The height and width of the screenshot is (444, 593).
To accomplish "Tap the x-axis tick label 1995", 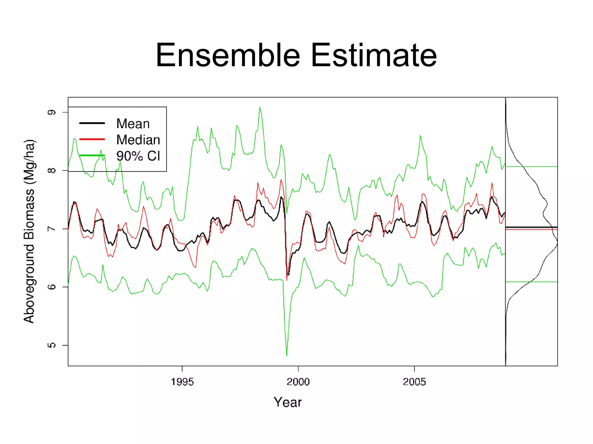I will pos(182,382).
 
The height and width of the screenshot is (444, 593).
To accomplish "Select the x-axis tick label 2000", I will pos(298,382).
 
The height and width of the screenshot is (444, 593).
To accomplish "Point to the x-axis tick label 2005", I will pos(414,382).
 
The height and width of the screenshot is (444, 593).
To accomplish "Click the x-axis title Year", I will pos(288,402).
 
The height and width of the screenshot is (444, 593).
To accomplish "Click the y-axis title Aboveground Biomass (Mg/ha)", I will pos(29,231).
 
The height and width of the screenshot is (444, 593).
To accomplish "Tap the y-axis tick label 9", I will pos(52,112).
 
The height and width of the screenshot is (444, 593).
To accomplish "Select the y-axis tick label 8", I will pos(52,170).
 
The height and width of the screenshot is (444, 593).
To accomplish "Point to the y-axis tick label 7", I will pos(52,229).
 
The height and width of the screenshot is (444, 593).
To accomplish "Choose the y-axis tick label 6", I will pos(52,287).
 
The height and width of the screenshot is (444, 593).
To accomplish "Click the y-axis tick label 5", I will pos(52,345).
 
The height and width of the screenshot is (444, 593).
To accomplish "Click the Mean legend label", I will pos(133,124).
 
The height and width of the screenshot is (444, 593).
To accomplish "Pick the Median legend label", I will pos(138,140).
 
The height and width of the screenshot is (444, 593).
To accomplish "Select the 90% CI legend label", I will pos(138,156).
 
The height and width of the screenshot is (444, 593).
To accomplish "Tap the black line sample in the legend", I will pos(92,123).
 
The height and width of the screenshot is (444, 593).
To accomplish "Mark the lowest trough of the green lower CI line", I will pos(287,355).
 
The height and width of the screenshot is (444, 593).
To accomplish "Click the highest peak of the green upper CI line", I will pos(260,108).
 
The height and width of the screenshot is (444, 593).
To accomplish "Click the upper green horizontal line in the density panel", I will pos(531,167).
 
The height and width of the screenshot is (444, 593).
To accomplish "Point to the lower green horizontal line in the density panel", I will pos(531,282).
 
